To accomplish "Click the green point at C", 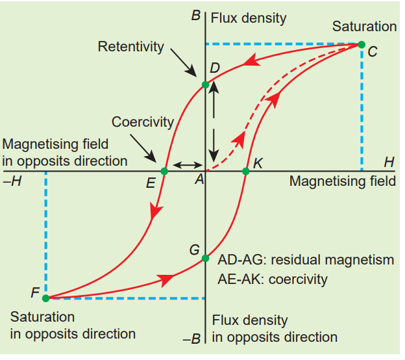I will pos(362,45).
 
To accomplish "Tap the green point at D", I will pos(206,84).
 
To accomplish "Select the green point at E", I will pos(164,171).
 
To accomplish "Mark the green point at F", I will pos(45,298).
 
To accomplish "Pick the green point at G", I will pos(206,259).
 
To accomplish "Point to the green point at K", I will pos(246,171).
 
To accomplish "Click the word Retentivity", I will pos(130,47).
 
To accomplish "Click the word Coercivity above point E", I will pos(143,122).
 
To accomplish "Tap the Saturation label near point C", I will pos(364,27).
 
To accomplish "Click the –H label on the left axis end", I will pos(12,181).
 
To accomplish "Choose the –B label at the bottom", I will pos(193,338).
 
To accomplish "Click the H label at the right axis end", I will pos(388,161).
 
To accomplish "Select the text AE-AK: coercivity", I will pos(273,279).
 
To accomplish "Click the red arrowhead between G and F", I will pos(167,279).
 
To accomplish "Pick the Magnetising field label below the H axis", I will pos(342,181).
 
